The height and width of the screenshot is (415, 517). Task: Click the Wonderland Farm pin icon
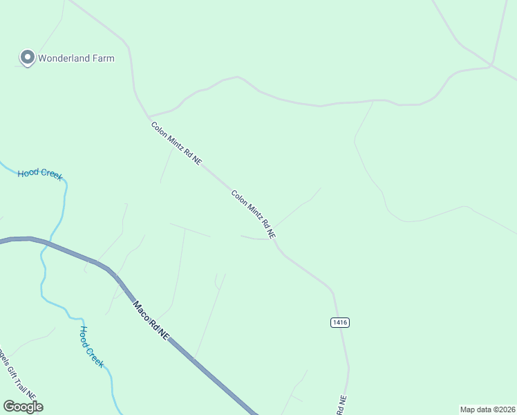pyautogui.click(x=28, y=57)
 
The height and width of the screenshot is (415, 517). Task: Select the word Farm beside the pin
pyautogui.click(x=103, y=58)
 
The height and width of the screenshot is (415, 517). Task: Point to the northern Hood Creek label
pyautogui.click(x=40, y=174)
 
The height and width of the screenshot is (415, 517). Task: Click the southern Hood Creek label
pyautogui.click(x=91, y=347)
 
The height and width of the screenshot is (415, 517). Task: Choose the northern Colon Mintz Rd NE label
pyautogui.click(x=176, y=142)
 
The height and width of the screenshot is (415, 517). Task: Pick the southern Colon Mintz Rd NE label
pyautogui.click(x=254, y=215)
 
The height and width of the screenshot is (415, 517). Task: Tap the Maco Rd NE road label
pyautogui.click(x=151, y=320)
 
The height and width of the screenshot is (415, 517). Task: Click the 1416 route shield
pyautogui.click(x=339, y=322)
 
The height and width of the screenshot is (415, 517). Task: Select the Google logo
pyautogui.click(x=23, y=407)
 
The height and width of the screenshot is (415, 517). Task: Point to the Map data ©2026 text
pyautogui.click(x=487, y=409)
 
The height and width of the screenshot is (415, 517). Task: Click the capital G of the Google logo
pyautogui.click(x=10, y=407)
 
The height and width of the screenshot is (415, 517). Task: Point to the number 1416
pyautogui.click(x=339, y=322)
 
